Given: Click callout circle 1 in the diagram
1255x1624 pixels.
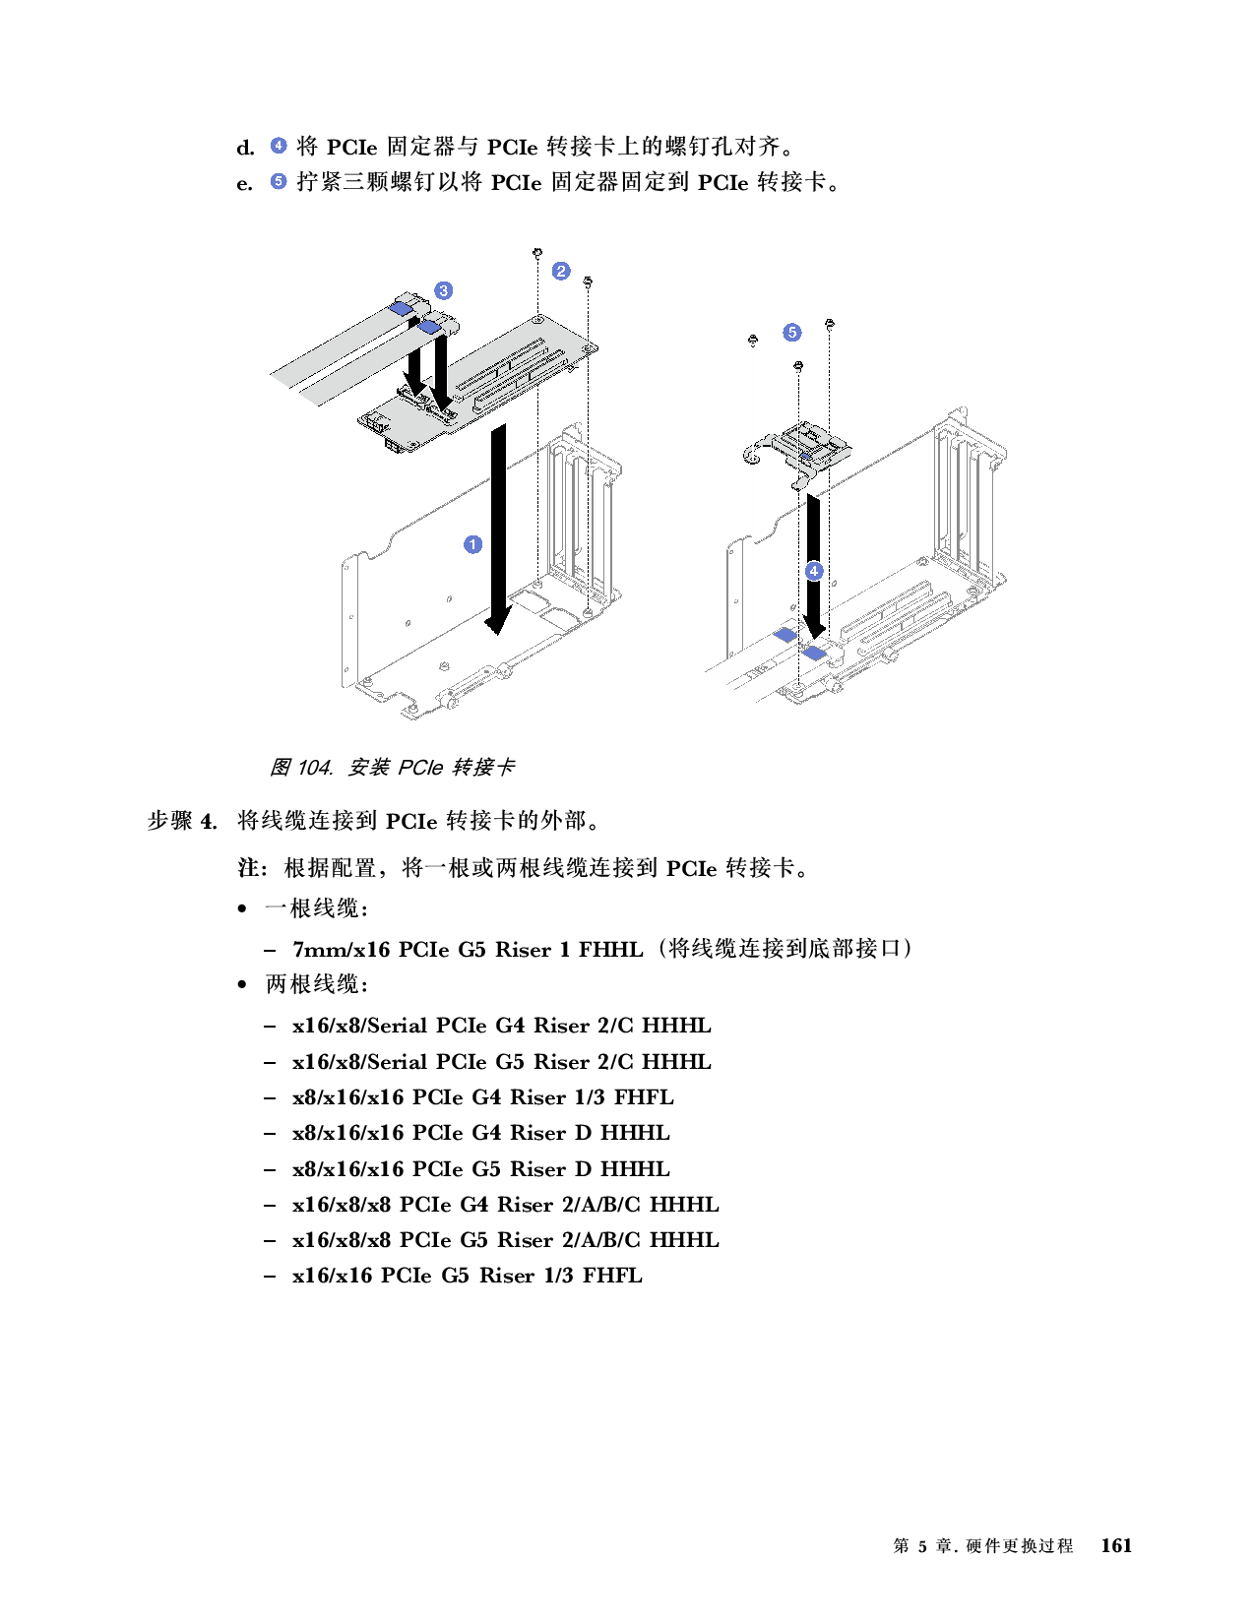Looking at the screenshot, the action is pyautogui.click(x=472, y=544).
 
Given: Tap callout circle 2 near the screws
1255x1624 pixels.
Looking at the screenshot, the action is pyautogui.click(x=561, y=271).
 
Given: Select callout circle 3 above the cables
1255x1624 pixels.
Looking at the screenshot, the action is pyautogui.click(x=443, y=290).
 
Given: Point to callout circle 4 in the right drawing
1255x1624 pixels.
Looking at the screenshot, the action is pyautogui.click(x=813, y=571).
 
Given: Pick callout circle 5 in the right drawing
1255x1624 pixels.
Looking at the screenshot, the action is pyautogui.click(x=791, y=332).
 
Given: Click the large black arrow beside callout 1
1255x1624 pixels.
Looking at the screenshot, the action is pyautogui.click(x=498, y=530).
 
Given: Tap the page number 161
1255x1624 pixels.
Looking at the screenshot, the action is pyautogui.click(x=1116, y=1545).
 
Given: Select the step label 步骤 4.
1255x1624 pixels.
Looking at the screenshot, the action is pyautogui.click(x=182, y=821).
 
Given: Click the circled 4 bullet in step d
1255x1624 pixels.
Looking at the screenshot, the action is pyautogui.click(x=278, y=145).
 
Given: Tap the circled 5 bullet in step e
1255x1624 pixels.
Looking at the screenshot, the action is pyautogui.click(x=278, y=181).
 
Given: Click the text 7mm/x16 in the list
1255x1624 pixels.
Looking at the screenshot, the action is pyautogui.click(x=341, y=949).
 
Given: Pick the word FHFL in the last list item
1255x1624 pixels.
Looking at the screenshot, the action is pyautogui.click(x=612, y=1275).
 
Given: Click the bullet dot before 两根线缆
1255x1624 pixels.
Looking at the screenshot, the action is pyautogui.click(x=241, y=984).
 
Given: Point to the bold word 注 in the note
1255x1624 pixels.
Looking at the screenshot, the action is pyautogui.click(x=248, y=868).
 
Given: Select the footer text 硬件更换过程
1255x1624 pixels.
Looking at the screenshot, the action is pyautogui.click(x=1020, y=1545).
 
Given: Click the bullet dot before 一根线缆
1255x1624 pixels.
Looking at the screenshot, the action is pyautogui.click(x=241, y=908).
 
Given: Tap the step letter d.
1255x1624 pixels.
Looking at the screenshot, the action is pyautogui.click(x=245, y=147).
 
